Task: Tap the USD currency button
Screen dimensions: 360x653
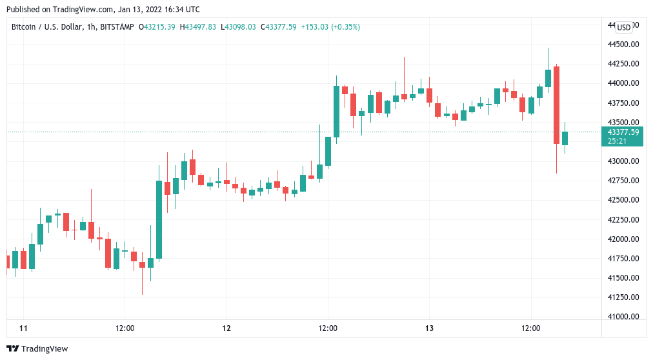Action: coord(624,27)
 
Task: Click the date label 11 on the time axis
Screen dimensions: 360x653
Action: coord(24,328)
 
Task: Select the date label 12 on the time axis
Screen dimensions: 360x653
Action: coord(226,328)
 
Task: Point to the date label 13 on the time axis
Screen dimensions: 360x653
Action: coord(429,328)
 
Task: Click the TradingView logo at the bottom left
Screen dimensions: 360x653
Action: coord(38,348)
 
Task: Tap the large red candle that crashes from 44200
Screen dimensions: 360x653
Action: coord(556,105)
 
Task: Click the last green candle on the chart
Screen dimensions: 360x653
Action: coord(565,138)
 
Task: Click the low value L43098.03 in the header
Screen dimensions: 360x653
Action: coord(238,26)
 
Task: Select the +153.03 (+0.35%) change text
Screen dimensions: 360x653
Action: coord(332,26)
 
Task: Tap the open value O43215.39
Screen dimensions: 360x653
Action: coord(157,26)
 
